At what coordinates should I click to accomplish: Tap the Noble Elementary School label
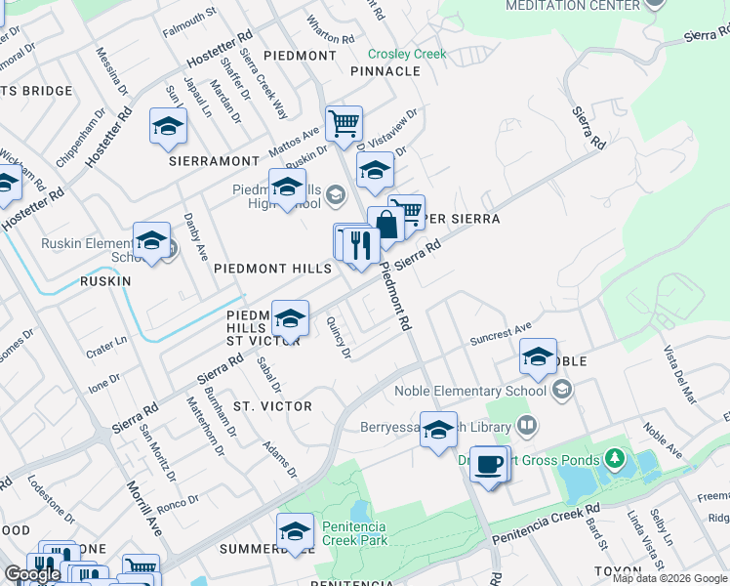point(470,392)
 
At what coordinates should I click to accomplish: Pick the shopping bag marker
point(385,225)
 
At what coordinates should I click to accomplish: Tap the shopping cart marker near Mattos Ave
point(344,124)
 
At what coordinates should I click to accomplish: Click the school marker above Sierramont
point(168,127)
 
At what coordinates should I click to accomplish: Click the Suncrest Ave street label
point(500,333)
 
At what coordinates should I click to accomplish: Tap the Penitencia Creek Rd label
point(546,525)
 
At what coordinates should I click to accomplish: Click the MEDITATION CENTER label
point(573,6)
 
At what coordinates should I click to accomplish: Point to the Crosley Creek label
point(407,55)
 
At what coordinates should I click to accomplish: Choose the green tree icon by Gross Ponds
point(614,457)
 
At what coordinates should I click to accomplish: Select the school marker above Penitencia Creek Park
point(295,531)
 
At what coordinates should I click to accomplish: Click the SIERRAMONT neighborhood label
point(212,160)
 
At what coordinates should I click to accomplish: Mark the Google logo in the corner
point(32,574)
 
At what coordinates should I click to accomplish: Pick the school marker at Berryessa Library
point(438,430)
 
